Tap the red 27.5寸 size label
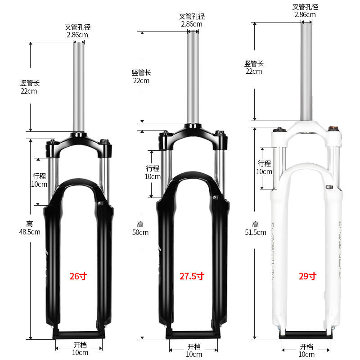click(193, 276)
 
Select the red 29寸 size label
click(307, 276)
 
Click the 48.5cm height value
click(30, 232)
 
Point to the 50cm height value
click(140, 232)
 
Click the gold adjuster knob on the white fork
click(334, 130)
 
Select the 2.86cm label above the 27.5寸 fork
click(192, 24)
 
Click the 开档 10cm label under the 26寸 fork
click(80, 349)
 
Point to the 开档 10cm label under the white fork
click(306, 350)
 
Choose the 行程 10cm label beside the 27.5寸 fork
click(153, 172)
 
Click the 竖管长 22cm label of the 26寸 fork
click(30, 87)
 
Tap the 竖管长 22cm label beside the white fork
click(254, 67)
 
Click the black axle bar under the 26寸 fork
click(79, 334)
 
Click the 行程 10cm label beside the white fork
click(265, 167)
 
